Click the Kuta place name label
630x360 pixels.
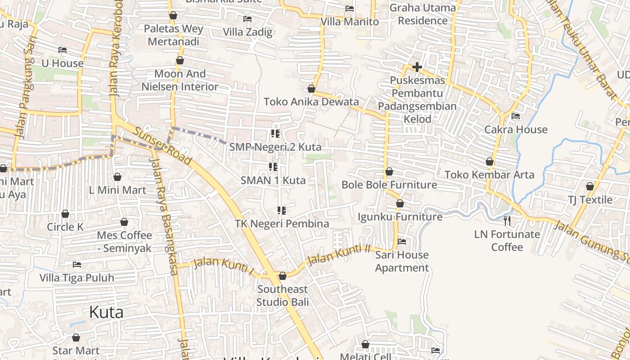point(106,312)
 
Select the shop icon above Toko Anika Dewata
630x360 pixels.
point(311,89)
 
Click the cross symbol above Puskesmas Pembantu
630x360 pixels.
point(417,67)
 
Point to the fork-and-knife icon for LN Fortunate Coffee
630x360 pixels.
point(507,221)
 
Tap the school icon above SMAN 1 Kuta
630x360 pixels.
point(273,167)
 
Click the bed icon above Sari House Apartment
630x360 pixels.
point(402,242)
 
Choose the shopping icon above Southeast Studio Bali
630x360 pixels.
point(283,276)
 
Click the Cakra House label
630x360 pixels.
point(516,130)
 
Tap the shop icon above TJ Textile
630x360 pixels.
point(590,186)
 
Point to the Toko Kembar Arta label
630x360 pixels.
point(489,175)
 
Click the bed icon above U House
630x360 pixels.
point(63,50)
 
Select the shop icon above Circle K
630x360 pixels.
point(65,214)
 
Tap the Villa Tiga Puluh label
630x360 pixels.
point(77,278)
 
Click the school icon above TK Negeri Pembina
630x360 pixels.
point(282,211)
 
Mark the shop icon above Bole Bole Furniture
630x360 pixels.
point(389,171)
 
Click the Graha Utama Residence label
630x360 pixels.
point(423,14)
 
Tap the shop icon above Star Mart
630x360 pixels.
point(76,337)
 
